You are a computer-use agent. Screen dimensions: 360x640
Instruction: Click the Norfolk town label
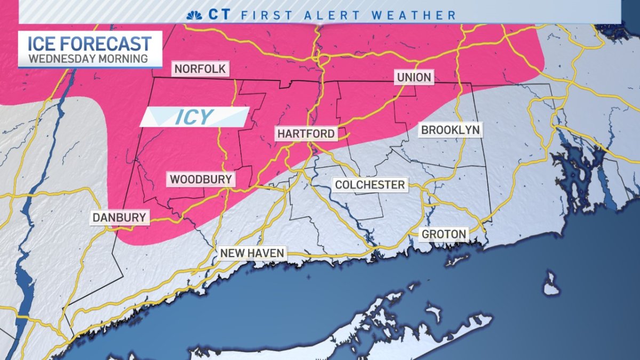(x=199, y=69)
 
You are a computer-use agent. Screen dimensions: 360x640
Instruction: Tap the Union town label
(x=414, y=77)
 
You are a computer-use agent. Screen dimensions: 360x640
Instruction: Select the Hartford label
(x=306, y=133)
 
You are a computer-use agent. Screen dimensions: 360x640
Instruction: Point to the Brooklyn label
(x=450, y=130)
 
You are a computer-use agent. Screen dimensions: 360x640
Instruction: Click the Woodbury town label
(x=201, y=179)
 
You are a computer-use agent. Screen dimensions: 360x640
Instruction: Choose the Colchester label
(x=370, y=185)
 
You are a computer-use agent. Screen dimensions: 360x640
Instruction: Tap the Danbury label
(x=119, y=217)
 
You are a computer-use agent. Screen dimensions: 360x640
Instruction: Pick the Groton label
(x=444, y=234)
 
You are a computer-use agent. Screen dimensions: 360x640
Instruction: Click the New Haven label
(x=253, y=253)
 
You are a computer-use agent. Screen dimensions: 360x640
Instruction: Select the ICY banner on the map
(x=195, y=117)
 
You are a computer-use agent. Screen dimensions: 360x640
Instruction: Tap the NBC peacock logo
(x=194, y=14)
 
